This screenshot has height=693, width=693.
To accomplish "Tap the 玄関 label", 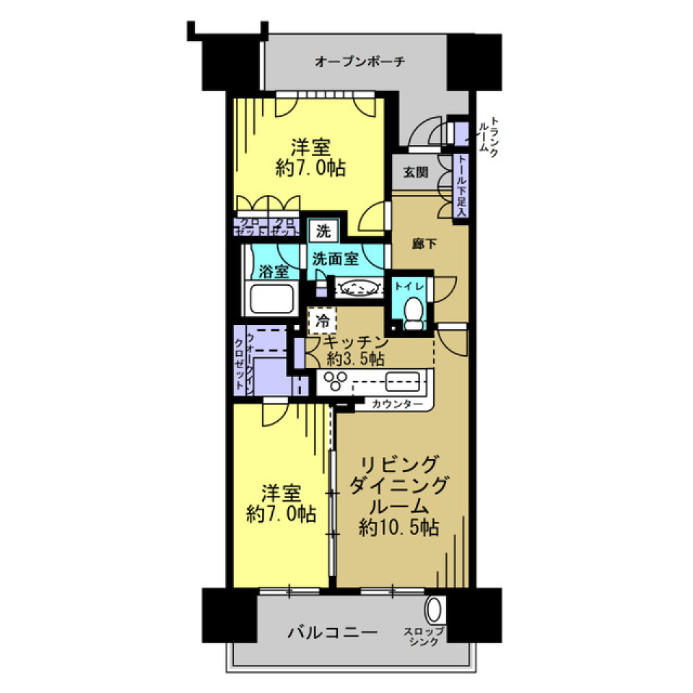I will pos(415,173).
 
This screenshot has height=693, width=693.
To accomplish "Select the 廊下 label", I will pos(424,244).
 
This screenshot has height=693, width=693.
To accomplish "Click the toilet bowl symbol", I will pos(414,313).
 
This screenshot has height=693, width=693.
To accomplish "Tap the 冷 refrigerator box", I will pos(322,319).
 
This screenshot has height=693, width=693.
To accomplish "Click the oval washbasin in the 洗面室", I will pos(359,288).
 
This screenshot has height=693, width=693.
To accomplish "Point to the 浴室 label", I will pos(274,271).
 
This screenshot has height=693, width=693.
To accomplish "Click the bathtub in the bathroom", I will pos(271,298).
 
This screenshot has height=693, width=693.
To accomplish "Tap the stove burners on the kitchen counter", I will pos(336,380).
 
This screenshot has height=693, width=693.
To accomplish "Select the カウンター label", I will pos(397,404).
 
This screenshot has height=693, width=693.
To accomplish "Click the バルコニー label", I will pos(333,633).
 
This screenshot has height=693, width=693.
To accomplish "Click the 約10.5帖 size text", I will pos(399,528).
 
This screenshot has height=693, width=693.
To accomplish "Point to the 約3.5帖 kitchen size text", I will pos(355,359).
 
